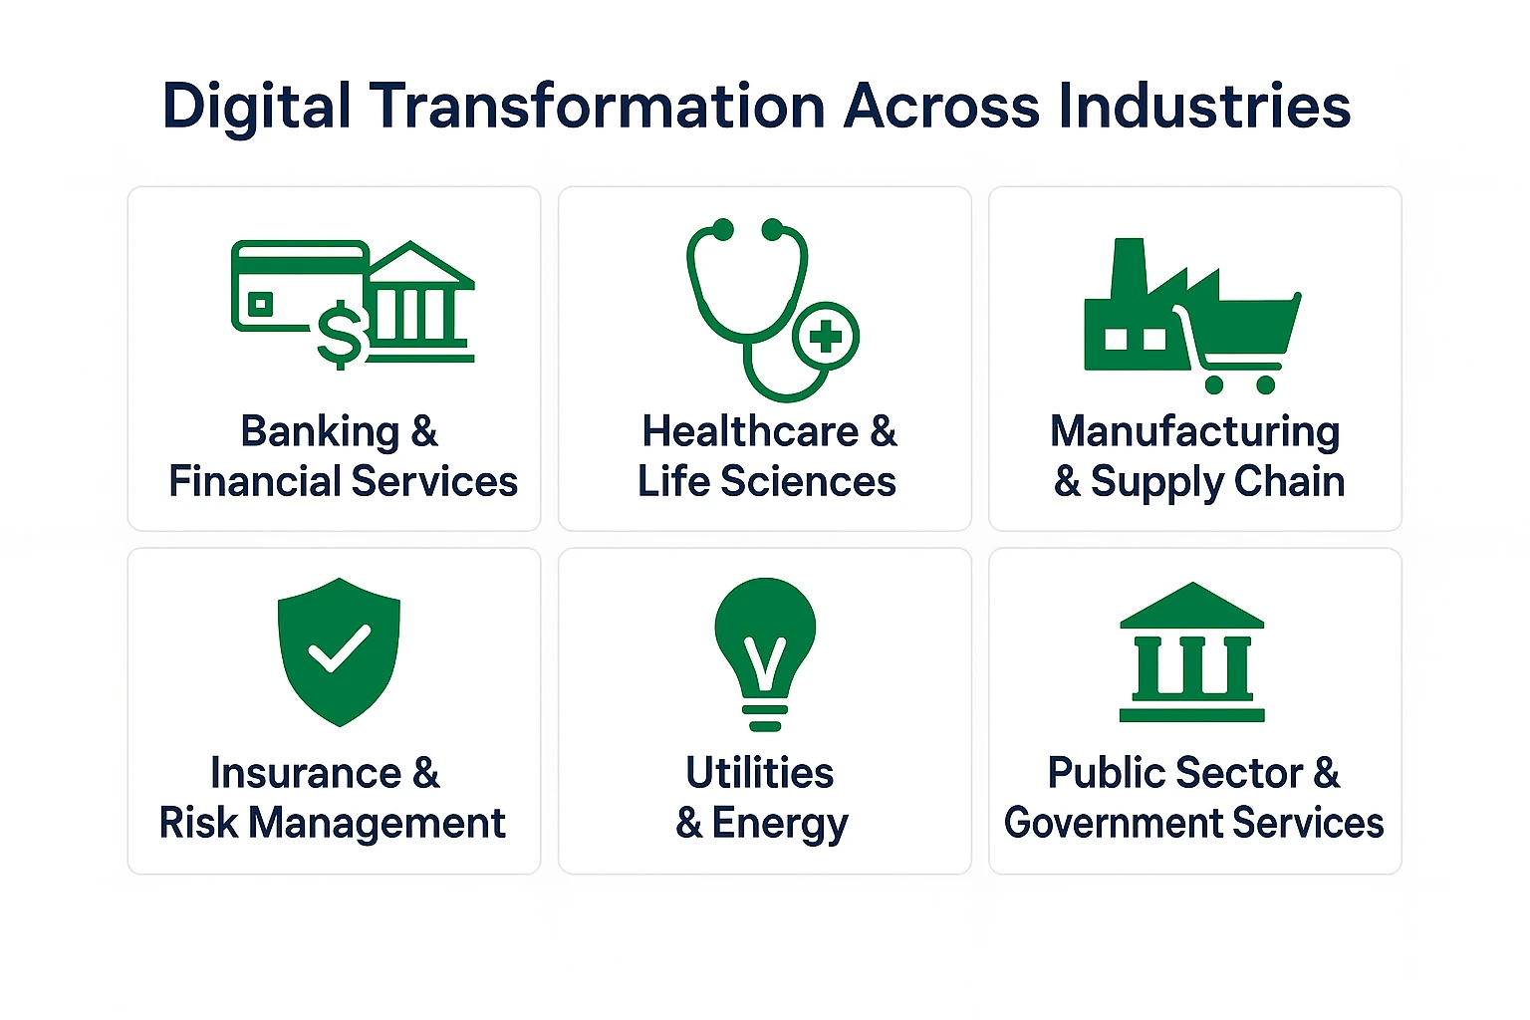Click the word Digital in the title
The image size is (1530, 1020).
pos(256,107)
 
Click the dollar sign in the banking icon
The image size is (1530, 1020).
pos(340,336)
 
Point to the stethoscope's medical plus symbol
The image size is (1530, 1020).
pos(826,337)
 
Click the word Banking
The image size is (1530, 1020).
pos(320,432)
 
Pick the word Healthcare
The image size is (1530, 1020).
pos(750,432)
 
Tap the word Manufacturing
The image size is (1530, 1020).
pos(1194,432)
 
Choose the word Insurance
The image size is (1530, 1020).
pos(306,774)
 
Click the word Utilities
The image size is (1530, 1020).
pos(760,773)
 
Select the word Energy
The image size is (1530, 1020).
pos(780,824)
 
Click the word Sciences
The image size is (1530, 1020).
pos(808,482)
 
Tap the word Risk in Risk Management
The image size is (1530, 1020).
pos(198,824)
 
